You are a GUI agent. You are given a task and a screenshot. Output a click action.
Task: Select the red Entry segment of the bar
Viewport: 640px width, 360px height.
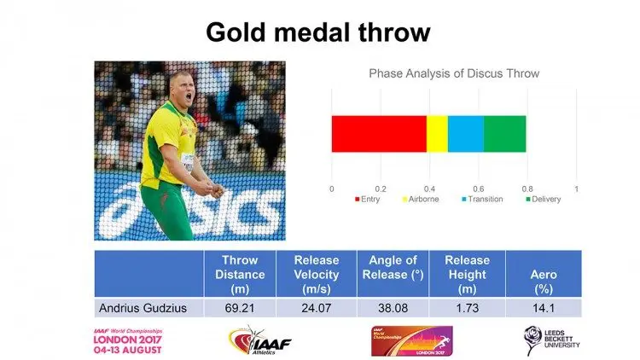[378, 134]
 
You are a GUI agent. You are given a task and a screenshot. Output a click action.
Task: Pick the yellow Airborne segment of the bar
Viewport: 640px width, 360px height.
[436, 134]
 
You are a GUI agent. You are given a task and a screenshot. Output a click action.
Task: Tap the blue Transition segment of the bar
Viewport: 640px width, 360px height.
[465, 134]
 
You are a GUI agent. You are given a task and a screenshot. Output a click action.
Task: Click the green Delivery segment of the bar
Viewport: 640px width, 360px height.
[504, 134]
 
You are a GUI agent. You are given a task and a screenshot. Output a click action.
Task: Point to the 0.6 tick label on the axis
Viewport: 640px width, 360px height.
[478, 188]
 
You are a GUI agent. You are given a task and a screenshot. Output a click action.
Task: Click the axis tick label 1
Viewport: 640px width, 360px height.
[577, 188]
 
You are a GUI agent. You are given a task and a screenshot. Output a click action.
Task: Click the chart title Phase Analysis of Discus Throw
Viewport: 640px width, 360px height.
[454, 73]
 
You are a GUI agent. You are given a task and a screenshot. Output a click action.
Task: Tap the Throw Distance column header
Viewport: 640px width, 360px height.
[240, 273]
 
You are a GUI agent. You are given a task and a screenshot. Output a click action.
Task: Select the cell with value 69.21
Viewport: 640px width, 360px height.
[240, 307]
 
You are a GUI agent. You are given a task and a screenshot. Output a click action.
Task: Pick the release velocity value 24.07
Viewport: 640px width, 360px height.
[316, 307]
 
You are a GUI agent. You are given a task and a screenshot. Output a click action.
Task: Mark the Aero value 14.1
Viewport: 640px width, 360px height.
[544, 307]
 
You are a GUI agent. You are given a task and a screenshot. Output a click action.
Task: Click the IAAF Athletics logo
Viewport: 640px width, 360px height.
[259, 342]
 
